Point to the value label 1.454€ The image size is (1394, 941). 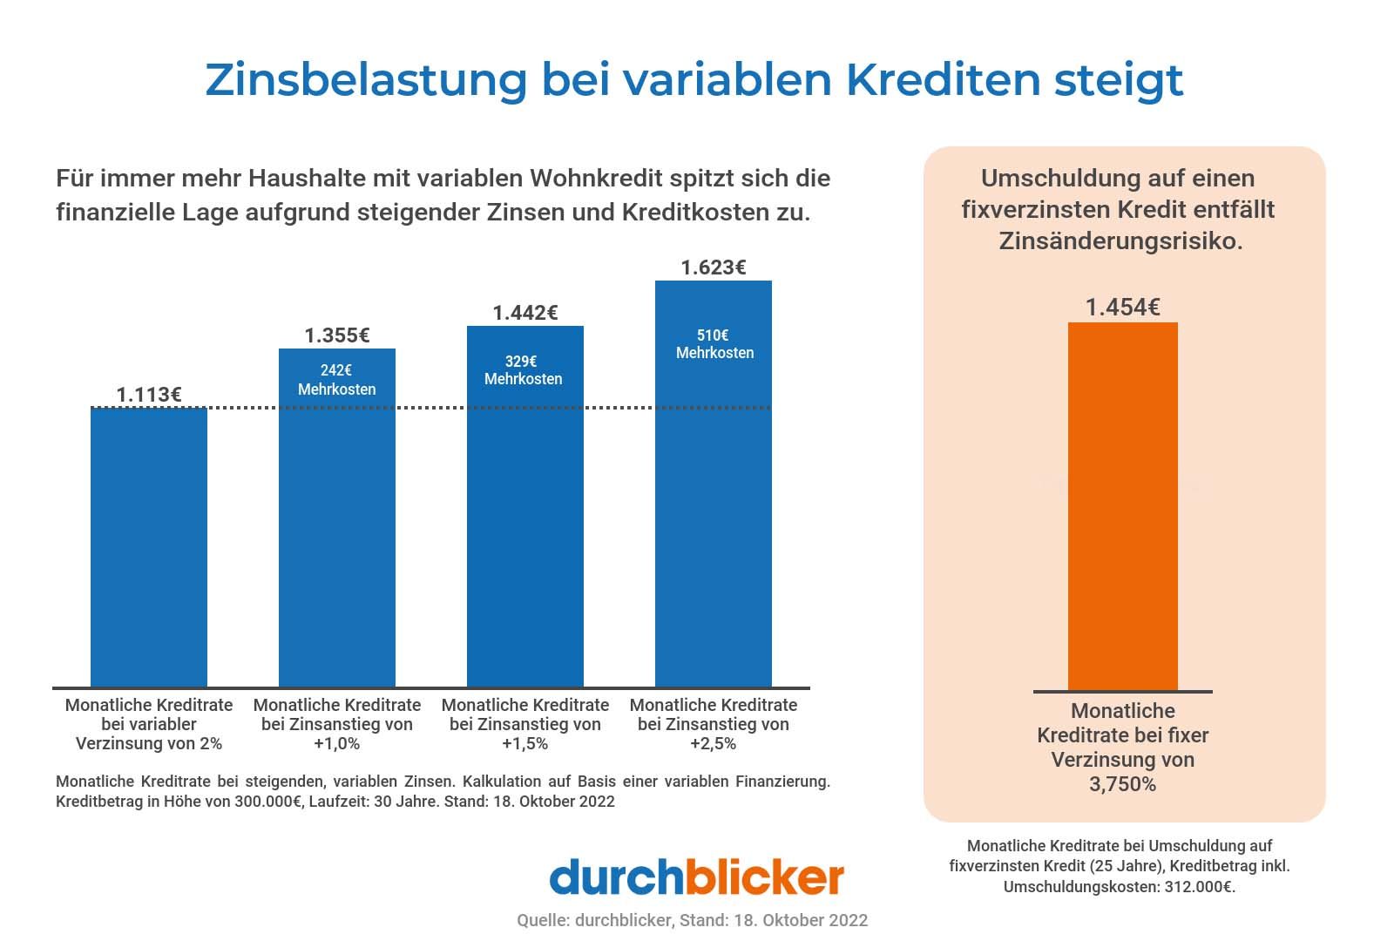(1122, 308)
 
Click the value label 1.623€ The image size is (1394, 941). (714, 267)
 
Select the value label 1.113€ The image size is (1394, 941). (149, 395)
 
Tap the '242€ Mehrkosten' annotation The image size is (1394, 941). (337, 380)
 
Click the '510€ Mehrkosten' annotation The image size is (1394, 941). (714, 344)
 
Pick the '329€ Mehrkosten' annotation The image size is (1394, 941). (524, 370)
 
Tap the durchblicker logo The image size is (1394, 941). (696, 877)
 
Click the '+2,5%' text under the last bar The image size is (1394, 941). (714, 744)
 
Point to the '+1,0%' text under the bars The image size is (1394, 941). (337, 744)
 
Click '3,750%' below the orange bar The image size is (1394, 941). (1122, 784)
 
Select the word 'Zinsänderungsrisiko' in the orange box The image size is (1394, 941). (1120, 241)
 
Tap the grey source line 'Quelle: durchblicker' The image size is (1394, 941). (593, 920)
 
